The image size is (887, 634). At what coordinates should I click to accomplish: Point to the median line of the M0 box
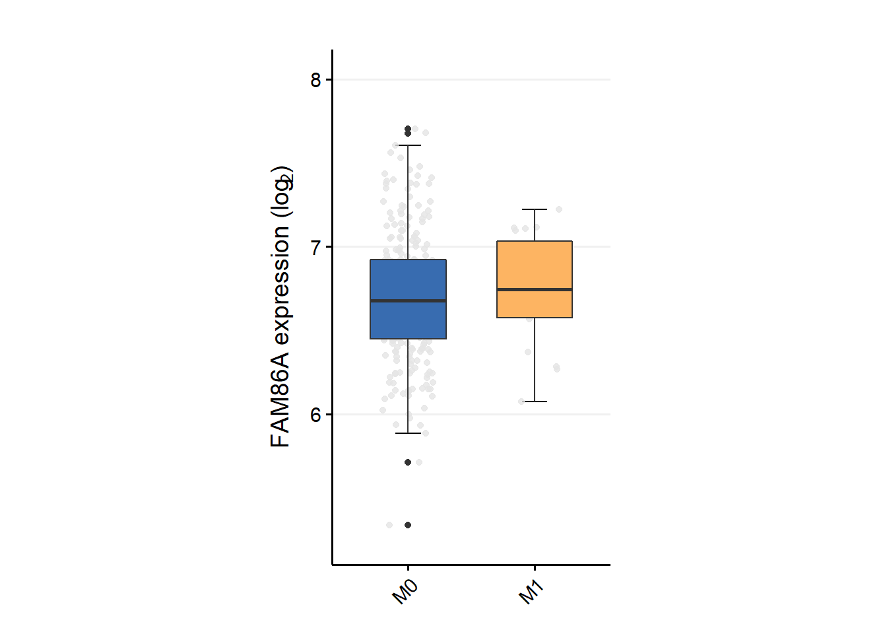(x=408, y=300)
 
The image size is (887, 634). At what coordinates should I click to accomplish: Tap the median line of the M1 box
(x=534, y=289)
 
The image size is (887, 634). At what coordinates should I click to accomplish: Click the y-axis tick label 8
(x=315, y=80)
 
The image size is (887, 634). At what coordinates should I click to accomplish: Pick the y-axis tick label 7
(x=315, y=247)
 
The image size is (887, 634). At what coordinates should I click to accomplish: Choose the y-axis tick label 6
(x=315, y=415)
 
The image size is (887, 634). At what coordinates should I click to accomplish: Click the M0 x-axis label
(x=405, y=592)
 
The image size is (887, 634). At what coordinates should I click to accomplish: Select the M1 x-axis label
(x=531, y=592)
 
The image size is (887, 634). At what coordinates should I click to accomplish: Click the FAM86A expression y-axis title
(x=281, y=307)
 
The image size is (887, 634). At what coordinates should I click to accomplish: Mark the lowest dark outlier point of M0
(x=408, y=525)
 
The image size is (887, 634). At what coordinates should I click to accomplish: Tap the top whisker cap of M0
(x=408, y=145)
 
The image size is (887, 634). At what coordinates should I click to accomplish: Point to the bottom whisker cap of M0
(x=408, y=433)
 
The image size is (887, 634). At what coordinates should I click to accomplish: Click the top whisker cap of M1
(x=534, y=209)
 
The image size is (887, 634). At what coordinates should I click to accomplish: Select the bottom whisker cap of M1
(x=534, y=402)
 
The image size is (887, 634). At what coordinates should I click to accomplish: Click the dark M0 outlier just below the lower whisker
(x=408, y=462)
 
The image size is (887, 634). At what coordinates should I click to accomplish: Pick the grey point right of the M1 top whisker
(x=559, y=209)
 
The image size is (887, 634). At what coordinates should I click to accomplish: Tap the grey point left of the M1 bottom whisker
(x=521, y=402)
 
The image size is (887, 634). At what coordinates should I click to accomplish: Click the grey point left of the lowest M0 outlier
(x=389, y=525)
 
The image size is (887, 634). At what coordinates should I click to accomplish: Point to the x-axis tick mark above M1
(x=534, y=568)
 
